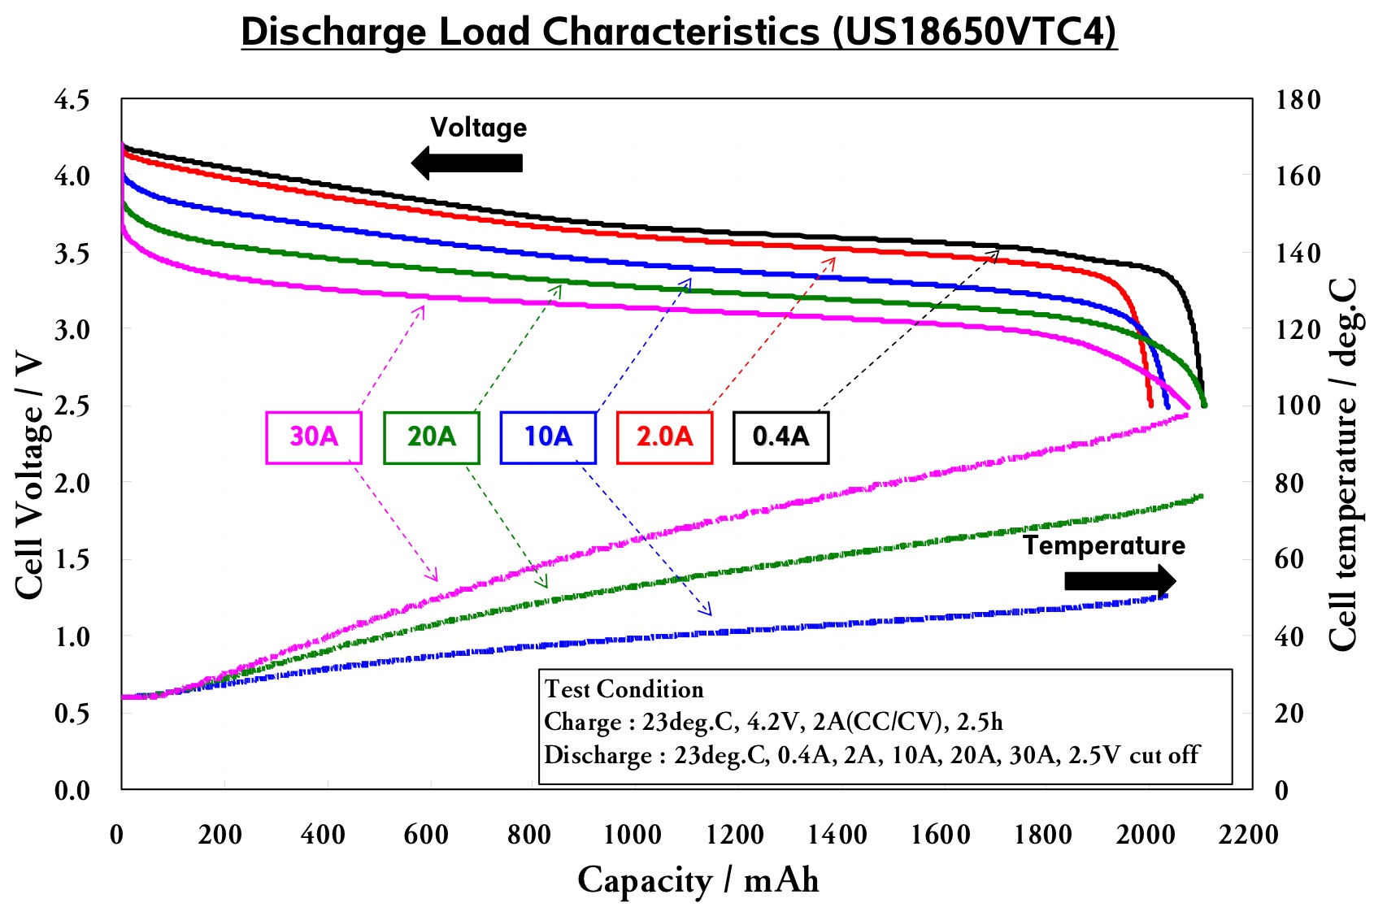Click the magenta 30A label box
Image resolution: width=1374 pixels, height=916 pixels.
click(314, 437)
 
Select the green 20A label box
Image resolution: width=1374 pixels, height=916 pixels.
click(431, 437)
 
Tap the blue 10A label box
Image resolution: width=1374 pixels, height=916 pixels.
click(548, 437)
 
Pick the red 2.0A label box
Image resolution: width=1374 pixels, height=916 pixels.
click(664, 437)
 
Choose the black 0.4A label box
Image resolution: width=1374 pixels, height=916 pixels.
click(780, 437)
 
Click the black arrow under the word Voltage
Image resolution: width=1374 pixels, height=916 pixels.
click(467, 163)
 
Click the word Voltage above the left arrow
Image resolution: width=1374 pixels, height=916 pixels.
click(478, 128)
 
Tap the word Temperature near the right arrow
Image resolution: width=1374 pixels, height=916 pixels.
click(1103, 545)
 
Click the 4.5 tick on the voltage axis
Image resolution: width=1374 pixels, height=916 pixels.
click(72, 100)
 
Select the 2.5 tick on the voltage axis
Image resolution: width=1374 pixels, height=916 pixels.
click(72, 406)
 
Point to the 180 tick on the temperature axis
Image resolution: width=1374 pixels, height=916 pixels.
click(1298, 100)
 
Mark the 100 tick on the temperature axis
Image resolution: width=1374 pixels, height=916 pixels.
click(1298, 406)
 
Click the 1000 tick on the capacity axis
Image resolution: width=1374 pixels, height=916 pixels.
click(632, 835)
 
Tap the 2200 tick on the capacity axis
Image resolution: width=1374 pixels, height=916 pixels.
click(1248, 835)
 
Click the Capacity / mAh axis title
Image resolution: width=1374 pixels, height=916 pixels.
click(698, 881)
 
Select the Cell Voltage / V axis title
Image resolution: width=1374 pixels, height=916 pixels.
click(29, 475)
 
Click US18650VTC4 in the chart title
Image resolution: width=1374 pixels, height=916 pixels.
click(974, 33)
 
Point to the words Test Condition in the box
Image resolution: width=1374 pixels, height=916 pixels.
click(624, 689)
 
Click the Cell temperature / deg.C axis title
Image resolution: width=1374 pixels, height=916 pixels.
click(1343, 463)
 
